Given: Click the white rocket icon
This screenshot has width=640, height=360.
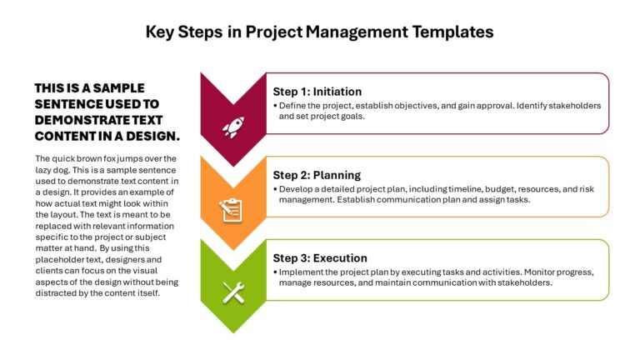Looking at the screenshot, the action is coord(233,127).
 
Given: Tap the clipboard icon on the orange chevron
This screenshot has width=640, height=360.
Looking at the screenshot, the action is coord(231,211).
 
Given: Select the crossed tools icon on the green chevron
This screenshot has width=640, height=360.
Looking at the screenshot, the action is coord(233,292).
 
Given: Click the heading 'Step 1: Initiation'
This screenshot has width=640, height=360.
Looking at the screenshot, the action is coord(317,92).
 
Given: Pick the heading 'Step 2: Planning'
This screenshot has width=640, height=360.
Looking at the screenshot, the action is coord(317,175).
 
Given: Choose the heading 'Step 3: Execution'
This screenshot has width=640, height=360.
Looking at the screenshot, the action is coord(320,258).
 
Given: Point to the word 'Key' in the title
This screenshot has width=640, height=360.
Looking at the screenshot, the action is coord(160,32).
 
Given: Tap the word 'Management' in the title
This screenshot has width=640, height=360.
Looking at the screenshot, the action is coord(357,32).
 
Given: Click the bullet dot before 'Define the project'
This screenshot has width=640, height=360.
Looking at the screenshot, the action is coord(275,106).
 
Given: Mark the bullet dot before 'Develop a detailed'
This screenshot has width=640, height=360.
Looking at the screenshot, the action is coord(275,189).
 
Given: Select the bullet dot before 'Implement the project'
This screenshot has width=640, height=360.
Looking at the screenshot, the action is coord(275,272).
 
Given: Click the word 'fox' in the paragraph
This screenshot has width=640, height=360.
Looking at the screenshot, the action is coord(111,159).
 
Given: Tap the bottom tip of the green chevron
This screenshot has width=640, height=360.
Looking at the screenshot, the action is coord(233,332).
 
